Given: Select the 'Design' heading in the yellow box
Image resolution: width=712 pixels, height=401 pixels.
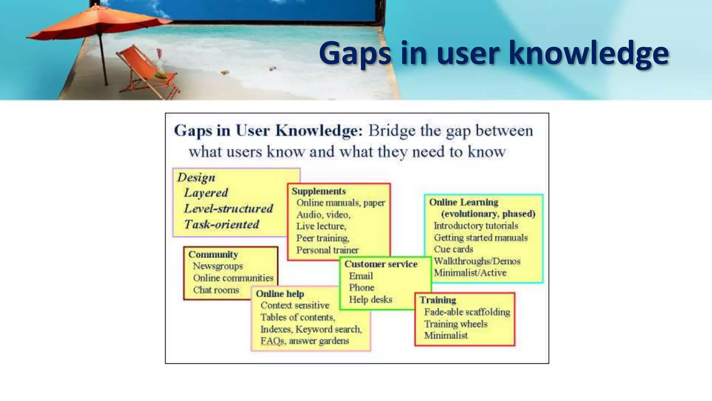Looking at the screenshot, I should click(x=196, y=178).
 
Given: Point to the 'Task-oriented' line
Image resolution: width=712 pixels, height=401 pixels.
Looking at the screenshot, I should click(x=222, y=225).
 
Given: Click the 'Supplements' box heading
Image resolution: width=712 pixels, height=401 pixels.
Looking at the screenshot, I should click(x=319, y=191).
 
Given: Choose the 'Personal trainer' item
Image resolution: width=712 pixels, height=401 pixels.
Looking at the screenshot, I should click(x=327, y=250).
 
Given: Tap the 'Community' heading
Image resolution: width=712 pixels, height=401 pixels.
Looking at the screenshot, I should click(x=213, y=254).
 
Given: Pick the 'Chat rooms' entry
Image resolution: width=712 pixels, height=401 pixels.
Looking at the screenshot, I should click(x=216, y=290).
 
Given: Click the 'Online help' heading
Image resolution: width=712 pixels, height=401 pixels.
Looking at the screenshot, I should click(x=280, y=294).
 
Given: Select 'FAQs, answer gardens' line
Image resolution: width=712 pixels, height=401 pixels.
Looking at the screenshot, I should click(x=305, y=341).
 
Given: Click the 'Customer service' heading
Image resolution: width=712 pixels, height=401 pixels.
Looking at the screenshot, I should click(x=381, y=264).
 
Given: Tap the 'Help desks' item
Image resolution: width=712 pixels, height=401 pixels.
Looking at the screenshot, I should click(x=370, y=299).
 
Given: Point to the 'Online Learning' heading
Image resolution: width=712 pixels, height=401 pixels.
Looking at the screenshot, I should click(x=463, y=202).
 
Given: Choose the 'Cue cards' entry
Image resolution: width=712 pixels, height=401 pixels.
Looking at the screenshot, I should click(x=453, y=249).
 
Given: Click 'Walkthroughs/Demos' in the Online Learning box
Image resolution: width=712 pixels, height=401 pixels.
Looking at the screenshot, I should click(x=477, y=261).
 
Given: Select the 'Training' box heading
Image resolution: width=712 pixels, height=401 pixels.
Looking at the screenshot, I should click(x=438, y=300).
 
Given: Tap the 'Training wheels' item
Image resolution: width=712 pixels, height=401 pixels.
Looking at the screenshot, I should click(x=456, y=324).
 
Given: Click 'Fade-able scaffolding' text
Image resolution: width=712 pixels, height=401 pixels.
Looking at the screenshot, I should click(x=467, y=312).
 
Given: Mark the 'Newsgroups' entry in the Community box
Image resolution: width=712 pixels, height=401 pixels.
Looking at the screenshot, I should click(x=218, y=266).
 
